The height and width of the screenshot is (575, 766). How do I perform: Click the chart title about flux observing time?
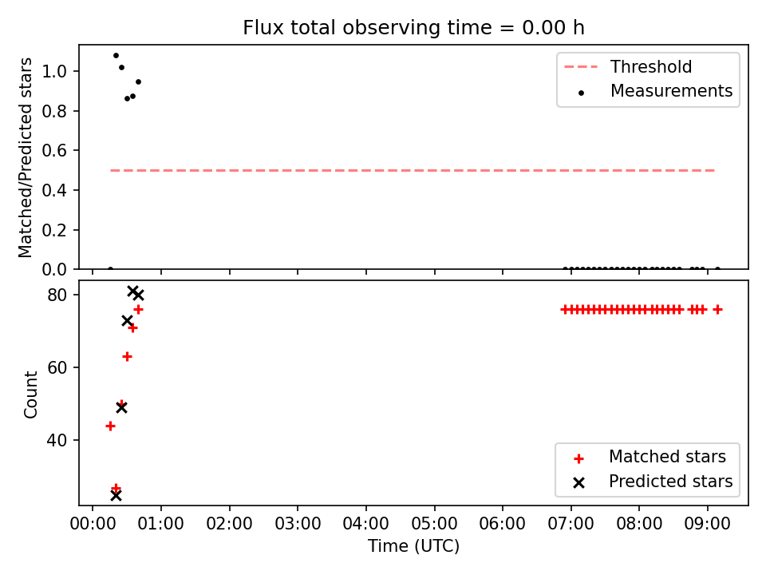click(x=413, y=28)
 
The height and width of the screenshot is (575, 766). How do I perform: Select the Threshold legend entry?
click(x=628, y=66)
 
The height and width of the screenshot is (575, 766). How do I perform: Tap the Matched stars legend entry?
click(x=650, y=457)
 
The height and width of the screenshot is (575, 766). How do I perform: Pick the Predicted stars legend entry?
click(x=653, y=482)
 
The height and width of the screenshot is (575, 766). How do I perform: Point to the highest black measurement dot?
click(x=116, y=56)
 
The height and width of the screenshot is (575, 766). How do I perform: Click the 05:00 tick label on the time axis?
click(x=434, y=524)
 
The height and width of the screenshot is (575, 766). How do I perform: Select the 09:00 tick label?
click(x=708, y=524)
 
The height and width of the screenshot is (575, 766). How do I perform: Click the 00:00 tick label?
click(x=93, y=524)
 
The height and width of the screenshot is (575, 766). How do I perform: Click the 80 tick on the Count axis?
click(x=57, y=295)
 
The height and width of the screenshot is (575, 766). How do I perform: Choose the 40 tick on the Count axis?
click(x=57, y=440)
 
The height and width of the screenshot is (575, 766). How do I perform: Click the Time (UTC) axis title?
click(x=414, y=546)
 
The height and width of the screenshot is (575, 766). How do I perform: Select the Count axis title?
click(x=30, y=395)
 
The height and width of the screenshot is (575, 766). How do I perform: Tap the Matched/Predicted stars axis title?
click(x=25, y=157)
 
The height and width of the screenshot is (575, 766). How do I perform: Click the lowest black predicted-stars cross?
click(x=116, y=496)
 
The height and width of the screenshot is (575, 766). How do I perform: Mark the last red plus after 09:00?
click(x=717, y=310)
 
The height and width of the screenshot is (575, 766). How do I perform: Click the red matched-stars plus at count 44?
click(x=110, y=426)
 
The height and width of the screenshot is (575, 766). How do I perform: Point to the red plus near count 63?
click(x=127, y=356)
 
